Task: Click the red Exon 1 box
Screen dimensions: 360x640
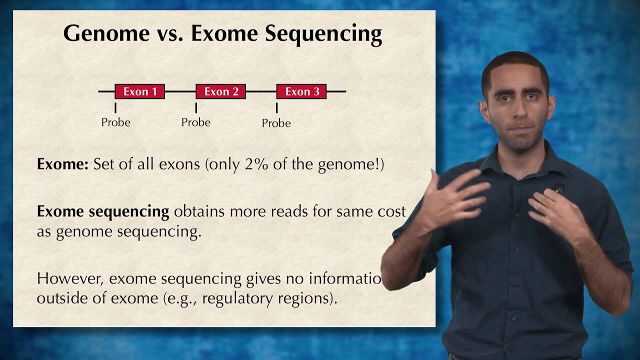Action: [139, 91]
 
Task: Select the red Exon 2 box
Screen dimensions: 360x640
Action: [220, 91]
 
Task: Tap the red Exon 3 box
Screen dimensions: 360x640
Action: [301, 91]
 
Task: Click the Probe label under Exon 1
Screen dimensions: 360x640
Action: [115, 122]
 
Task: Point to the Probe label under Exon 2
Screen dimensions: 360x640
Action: [195, 122]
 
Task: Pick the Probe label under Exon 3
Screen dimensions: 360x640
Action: [276, 123]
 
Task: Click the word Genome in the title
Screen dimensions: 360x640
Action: [106, 33]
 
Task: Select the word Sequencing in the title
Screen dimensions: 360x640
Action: [323, 33]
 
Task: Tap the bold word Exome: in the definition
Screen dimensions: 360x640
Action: [62, 164]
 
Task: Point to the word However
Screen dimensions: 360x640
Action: [70, 278]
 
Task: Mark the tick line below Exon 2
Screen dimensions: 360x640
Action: [196, 107]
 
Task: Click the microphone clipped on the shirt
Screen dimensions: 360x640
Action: [558, 189]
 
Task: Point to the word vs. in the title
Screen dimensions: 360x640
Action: [170, 33]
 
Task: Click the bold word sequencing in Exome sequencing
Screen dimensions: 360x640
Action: [129, 211]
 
